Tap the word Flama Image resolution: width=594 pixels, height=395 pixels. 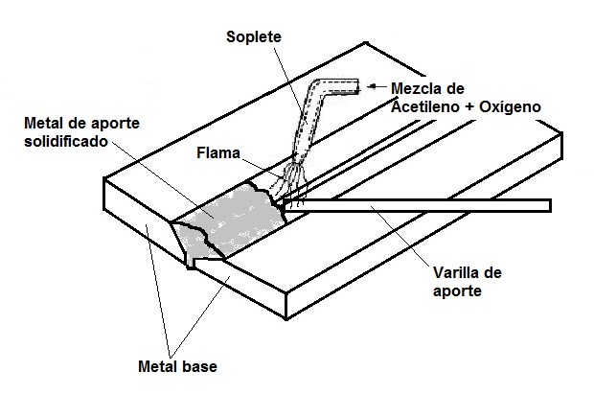pos(217,151)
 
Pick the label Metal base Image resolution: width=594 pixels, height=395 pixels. pos(178,365)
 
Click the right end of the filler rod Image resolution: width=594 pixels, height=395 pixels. pos(547,204)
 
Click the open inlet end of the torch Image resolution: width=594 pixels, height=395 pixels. pos(357,87)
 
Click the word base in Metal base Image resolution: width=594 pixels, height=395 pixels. pos(201,365)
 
